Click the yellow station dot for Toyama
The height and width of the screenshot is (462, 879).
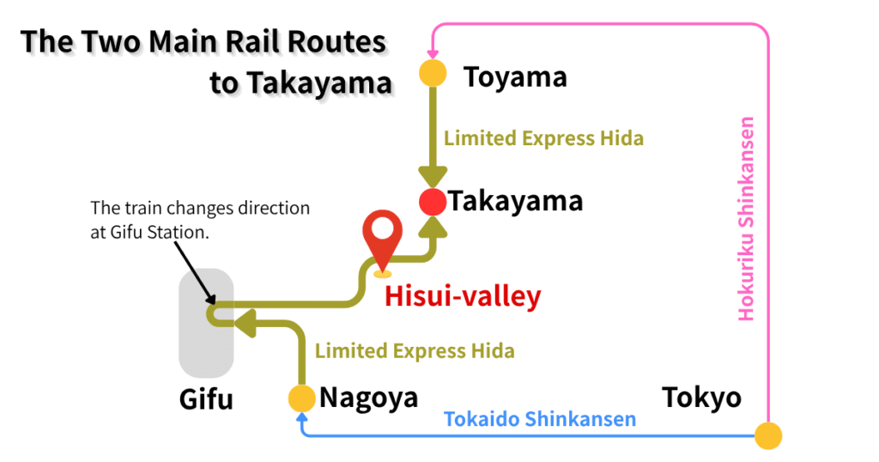[x=433, y=73]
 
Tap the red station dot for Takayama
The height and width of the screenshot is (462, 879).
[x=433, y=203]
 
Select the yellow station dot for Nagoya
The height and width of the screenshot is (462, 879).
[x=301, y=398]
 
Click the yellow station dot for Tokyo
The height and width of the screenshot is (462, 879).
[x=768, y=435]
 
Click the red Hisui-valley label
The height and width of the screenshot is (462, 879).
[x=463, y=296]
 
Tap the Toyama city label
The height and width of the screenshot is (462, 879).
[x=515, y=77]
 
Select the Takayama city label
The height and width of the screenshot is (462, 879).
[x=516, y=202]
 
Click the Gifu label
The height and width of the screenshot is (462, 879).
[x=206, y=399]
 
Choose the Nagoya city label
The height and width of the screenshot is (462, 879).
[x=368, y=398]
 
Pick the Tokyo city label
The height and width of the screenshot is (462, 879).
[x=701, y=398]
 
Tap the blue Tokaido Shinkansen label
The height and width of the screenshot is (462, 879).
[x=539, y=419]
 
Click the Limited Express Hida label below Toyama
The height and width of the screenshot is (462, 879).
[x=543, y=137]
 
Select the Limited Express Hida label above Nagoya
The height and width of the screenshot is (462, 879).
[x=415, y=350]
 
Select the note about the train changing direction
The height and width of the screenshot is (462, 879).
[x=200, y=220]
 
